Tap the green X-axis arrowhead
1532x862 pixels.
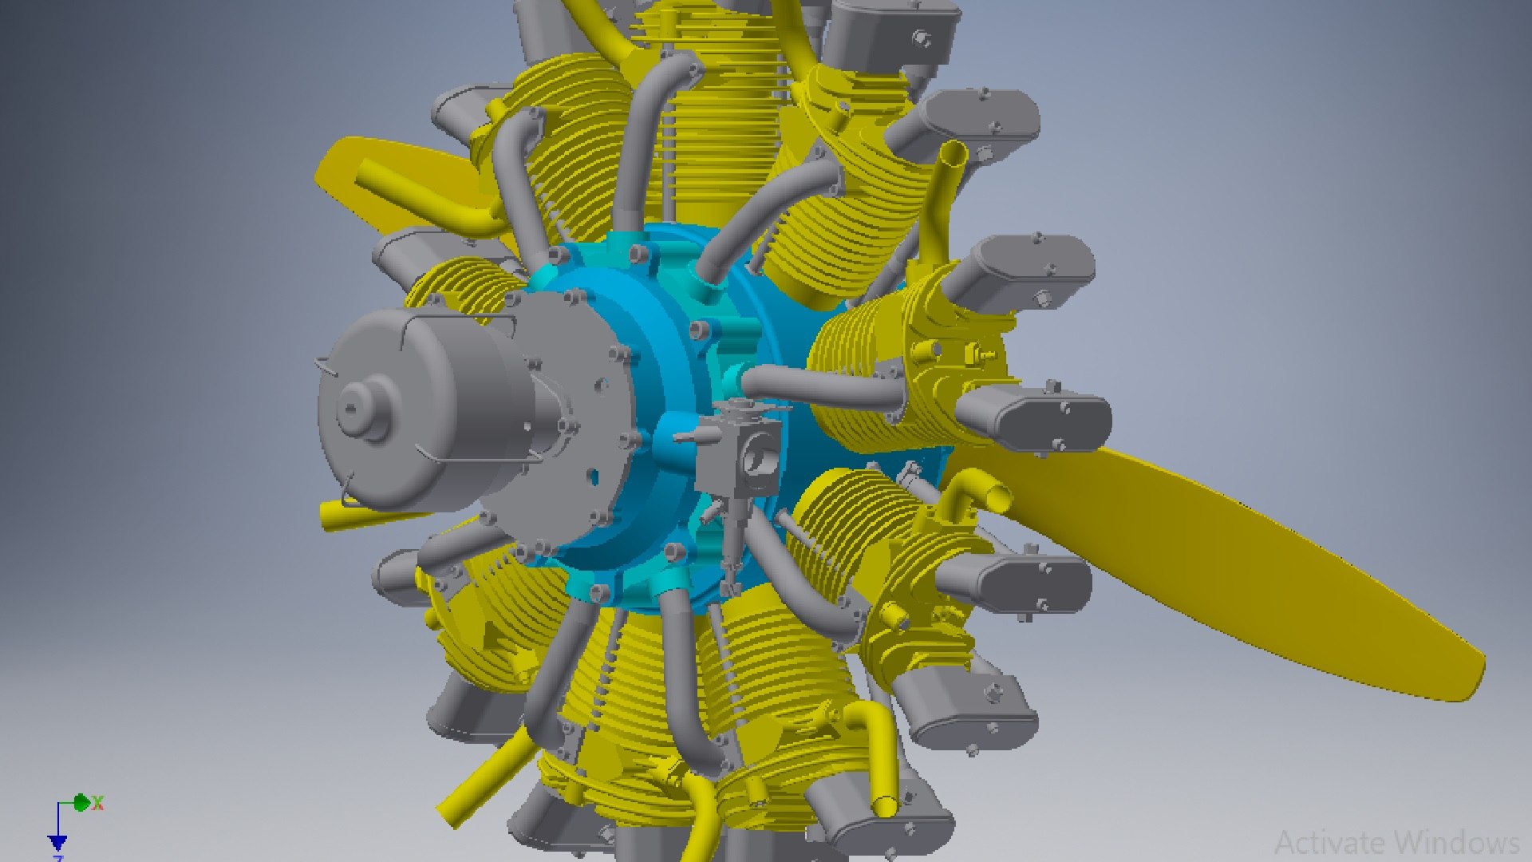(x=81, y=803)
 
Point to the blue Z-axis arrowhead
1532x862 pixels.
(x=57, y=843)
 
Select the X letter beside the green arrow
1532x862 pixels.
(x=98, y=804)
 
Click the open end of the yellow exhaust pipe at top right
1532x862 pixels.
(x=953, y=152)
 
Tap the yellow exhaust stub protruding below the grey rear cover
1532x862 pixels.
(x=335, y=515)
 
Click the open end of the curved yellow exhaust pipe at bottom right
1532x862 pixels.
(x=884, y=806)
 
